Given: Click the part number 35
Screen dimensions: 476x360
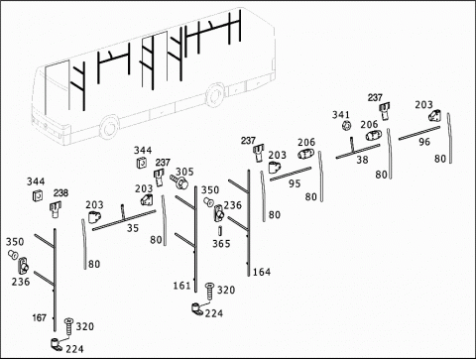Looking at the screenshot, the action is click(133, 228).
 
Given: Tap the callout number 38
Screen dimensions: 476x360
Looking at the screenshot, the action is click(362, 160).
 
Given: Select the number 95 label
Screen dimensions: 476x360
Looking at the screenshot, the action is click(295, 183).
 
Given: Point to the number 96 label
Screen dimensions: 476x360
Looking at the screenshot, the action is click(424, 142).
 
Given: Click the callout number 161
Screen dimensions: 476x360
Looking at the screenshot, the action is click(182, 286).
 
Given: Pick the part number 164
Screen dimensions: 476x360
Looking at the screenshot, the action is click(262, 272).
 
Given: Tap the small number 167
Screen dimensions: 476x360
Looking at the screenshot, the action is click(39, 318).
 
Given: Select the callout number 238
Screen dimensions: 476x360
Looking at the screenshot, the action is click(61, 192).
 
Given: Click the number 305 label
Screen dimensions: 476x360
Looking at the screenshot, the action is click(184, 172).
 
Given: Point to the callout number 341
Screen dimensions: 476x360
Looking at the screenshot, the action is click(341, 115).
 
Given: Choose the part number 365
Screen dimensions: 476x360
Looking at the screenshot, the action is click(221, 244).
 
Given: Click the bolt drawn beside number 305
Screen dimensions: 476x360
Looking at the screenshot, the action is click(178, 181).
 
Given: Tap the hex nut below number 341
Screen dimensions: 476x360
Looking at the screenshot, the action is click(346, 126).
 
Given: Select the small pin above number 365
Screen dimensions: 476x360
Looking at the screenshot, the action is click(220, 231).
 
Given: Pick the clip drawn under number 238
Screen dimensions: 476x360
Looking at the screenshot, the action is click(55, 209).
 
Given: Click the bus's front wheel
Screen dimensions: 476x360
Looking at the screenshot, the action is click(109, 128).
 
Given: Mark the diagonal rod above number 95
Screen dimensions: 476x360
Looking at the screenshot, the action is click(291, 174).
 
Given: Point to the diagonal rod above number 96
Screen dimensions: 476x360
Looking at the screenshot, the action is click(419, 133).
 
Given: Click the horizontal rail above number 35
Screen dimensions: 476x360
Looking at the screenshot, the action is click(124, 220).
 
